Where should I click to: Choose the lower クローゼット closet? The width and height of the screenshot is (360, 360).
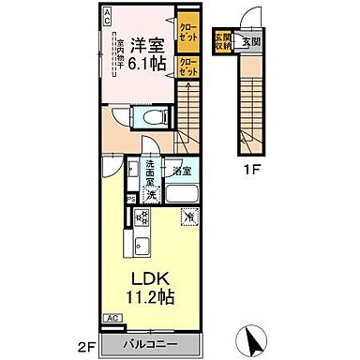(x=188, y=67)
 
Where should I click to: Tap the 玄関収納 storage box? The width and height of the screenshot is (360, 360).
(x=223, y=40)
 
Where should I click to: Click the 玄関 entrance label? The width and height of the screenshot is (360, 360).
(x=249, y=40)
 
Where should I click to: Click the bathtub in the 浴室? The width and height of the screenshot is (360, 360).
(x=181, y=196)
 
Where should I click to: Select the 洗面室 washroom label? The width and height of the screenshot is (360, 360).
(x=128, y=175)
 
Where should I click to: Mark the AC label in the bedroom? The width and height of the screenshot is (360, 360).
(x=107, y=13)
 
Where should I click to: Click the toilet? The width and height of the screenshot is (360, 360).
(x=150, y=117)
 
